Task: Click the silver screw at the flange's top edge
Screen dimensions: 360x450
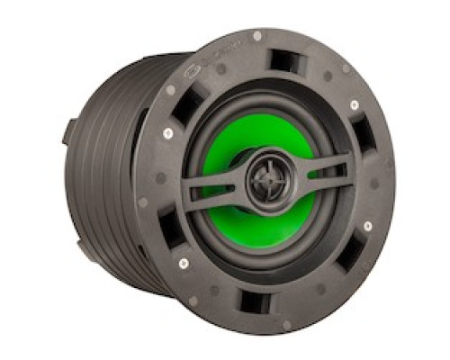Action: [257, 36]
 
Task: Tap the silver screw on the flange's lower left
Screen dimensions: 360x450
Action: [184, 264]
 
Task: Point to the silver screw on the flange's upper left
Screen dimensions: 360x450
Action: [167, 135]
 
